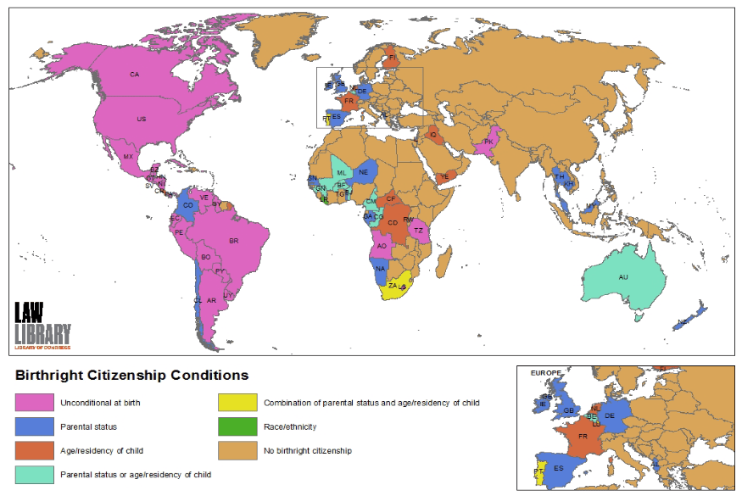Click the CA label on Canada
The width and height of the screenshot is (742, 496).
[134, 75]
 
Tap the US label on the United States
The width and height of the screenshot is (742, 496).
[142, 120]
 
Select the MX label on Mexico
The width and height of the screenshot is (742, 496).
[128, 157]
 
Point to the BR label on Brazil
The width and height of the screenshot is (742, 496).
[234, 241]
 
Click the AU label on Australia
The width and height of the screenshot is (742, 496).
[623, 277]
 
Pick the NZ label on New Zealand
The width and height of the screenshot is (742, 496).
[683, 322]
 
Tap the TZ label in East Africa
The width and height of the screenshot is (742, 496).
[418, 230]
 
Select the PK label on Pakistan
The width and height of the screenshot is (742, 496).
[488, 142]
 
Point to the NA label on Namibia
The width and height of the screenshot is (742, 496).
[380, 269]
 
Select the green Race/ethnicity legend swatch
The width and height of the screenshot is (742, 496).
[233, 426]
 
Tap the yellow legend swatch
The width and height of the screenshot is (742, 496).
[233, 402]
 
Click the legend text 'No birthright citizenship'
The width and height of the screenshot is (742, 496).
[308, 450]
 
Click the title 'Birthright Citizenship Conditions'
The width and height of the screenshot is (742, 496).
[132, 375]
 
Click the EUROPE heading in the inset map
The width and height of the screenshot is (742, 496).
[546, 373]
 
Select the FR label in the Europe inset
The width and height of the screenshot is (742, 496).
[583, 437]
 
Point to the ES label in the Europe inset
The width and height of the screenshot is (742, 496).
[559, 468]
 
